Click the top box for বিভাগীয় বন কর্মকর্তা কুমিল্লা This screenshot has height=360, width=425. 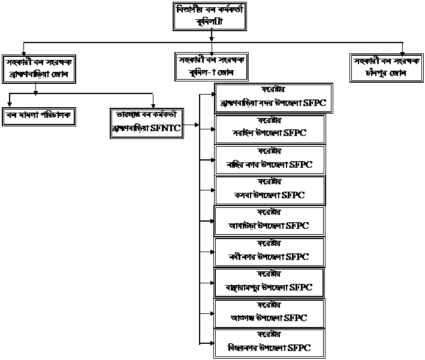point(210,16)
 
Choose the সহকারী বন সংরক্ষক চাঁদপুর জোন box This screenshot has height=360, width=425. point(387,68)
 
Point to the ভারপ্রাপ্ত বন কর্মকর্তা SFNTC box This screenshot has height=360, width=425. point(147,122)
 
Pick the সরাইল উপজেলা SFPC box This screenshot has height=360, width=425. point(270,128)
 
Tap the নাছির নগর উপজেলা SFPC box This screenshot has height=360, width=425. point(270,159)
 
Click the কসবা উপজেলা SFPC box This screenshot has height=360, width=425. point(270,190)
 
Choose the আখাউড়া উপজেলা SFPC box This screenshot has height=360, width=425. point(270,221)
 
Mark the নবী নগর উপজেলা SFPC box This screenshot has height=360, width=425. point(270,252)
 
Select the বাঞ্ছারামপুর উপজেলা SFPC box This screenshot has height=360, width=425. point(270,283)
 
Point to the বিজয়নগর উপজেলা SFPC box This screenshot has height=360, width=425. point(270,343)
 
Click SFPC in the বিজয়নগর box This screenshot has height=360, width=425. point(300,347)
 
